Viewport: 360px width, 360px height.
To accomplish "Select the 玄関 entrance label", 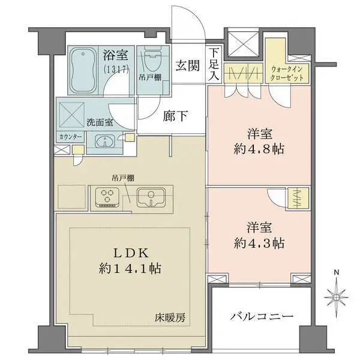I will click(x=187, y=65).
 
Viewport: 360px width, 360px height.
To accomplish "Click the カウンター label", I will click(x=71, y=137).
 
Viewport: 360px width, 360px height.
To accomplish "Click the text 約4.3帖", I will click(x=259, y=244).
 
